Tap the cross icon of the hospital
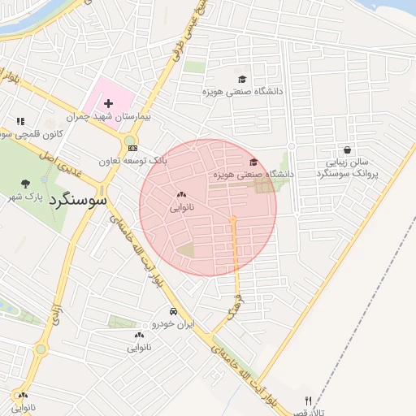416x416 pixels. [x=108, y=103]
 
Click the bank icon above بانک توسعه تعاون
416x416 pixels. [x=132, y=148]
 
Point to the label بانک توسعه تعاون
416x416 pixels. [x=132, y=161]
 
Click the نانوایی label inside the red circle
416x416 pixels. [x=181, y=208]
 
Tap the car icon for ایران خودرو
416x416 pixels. [x=173, y=312]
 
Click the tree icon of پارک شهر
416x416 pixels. [x=25, y=183]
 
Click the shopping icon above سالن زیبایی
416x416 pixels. [x=348, y=149]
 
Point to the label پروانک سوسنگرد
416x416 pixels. [x=349, y=174]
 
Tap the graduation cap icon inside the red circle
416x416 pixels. [x=253, y=162]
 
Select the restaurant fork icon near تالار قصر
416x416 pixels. [x=307, y=400]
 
